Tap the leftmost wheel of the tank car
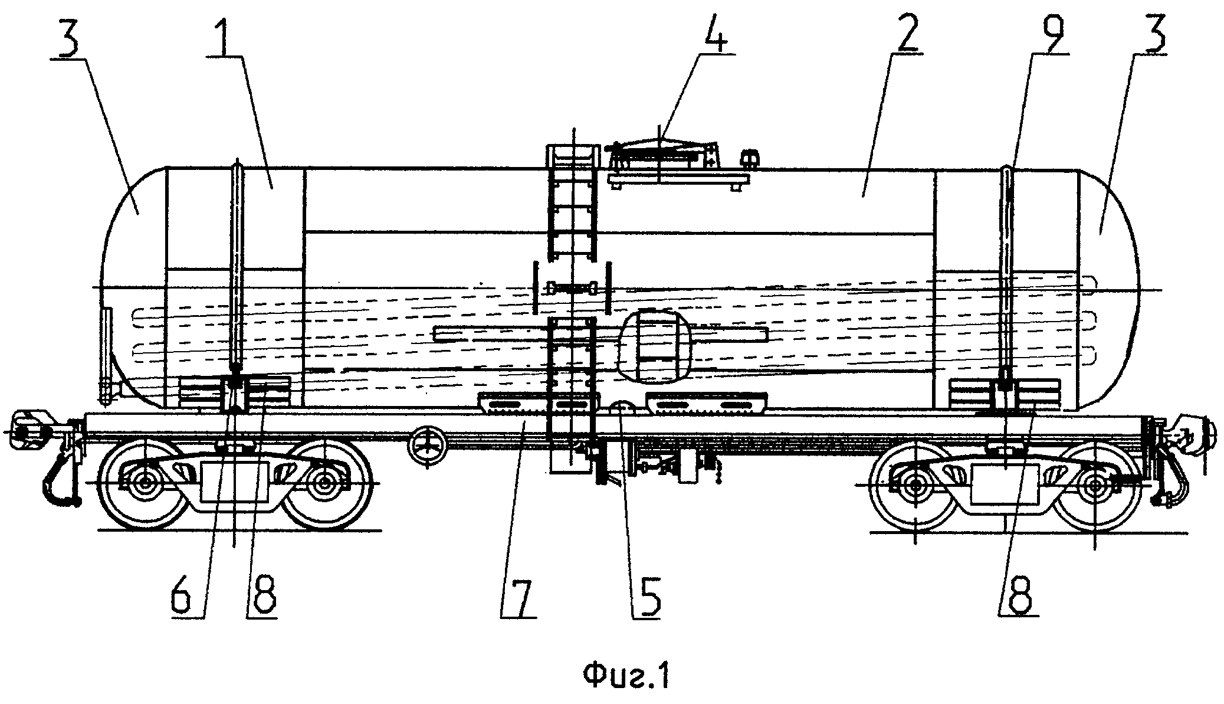[x=144, y=482]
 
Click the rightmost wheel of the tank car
[x=1096, y=485]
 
